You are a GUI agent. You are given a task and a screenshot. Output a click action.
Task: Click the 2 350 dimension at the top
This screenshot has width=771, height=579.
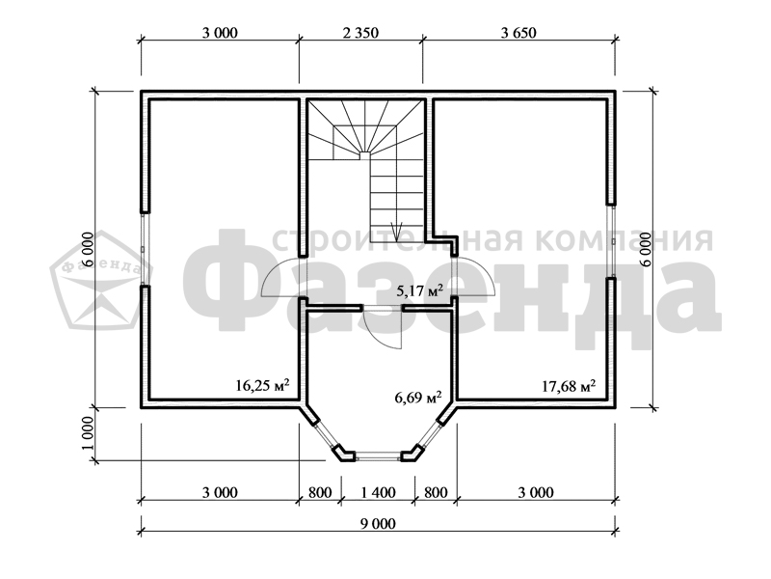tap(360, 33)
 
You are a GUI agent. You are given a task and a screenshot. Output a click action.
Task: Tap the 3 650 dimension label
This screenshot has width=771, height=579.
tap(518, 33)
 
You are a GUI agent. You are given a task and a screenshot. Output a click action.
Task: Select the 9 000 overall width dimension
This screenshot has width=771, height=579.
tap(378, 523)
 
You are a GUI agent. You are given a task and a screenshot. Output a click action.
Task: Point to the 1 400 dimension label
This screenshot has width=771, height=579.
tap(378, 492)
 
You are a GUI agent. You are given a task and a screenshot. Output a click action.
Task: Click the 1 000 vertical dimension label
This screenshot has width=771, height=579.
tap(88, 433)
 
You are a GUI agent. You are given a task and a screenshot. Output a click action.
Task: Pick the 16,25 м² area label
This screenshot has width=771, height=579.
tap(262, 384)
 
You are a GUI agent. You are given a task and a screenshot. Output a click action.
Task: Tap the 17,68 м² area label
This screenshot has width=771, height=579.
tap(569, 385)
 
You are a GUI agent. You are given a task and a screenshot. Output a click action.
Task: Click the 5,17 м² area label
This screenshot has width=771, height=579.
tap(420, 291)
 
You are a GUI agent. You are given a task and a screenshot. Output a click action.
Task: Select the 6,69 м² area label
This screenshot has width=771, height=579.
tap(418, 396)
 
